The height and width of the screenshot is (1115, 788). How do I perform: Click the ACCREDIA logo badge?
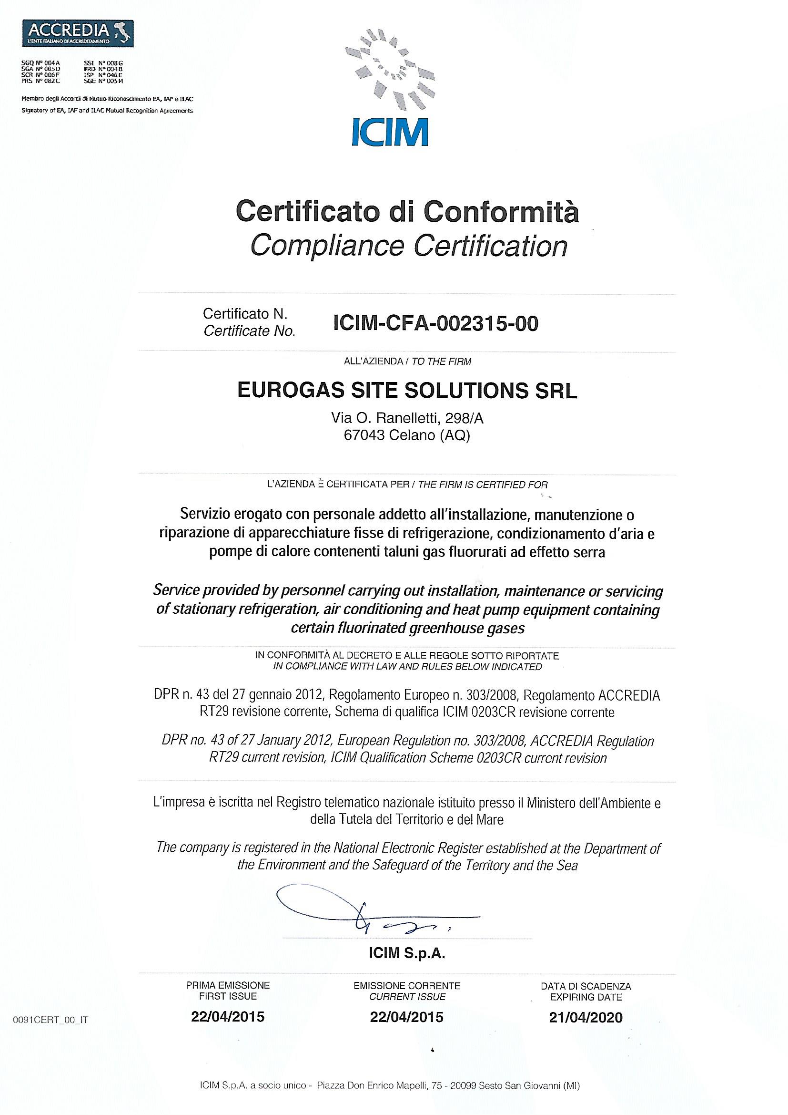point(78,33)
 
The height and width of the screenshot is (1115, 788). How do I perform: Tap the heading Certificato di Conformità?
point(407,212)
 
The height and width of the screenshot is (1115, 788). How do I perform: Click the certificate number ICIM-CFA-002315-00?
point(436,323)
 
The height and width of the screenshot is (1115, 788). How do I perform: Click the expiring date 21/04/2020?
point(586,1017)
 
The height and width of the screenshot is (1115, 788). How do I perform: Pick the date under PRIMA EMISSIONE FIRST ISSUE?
point(228,1017)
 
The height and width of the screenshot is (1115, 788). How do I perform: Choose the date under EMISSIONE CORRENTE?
point(406,1017)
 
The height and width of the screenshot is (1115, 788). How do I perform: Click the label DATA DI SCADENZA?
point(586,986)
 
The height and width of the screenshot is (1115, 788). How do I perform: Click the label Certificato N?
point(245,314)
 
